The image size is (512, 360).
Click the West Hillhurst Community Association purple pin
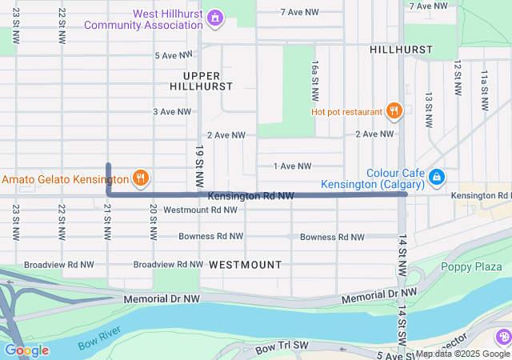(215, 17)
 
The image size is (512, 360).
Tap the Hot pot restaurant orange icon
(393, 111)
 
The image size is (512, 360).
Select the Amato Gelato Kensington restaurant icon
(141, 178)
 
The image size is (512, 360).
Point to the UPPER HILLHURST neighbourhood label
(201, 79)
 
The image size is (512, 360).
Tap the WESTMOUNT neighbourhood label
(246, 264)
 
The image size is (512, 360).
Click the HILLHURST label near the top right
(401, 50)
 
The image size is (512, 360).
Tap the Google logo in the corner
(26, 350)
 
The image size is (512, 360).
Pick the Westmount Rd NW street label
(200, 210)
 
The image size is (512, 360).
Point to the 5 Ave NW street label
(174, 55)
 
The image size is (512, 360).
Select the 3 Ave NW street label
(171, 112)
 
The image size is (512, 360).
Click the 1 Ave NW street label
(291, 166)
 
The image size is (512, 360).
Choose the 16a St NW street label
(316, 79)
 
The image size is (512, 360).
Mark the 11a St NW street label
(484, 90)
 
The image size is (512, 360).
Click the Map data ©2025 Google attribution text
(462, 354)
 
